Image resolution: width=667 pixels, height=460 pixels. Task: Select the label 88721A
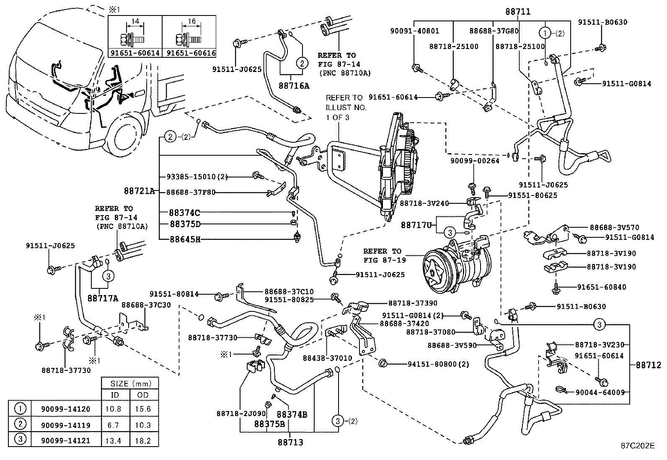point(140,191)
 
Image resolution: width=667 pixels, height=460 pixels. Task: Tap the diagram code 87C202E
point(637,446)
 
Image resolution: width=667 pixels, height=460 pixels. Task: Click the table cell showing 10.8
point(114,409)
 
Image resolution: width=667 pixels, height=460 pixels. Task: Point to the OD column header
point(143,395)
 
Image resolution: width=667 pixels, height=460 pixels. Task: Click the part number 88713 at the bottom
point(290,442)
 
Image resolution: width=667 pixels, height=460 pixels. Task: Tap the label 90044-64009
point(600,392)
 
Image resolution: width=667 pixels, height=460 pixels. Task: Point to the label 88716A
point(294,86)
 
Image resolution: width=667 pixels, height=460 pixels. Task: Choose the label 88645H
point(185,239)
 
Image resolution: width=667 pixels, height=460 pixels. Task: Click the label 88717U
point(416,225)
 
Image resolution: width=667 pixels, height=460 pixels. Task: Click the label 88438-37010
point(327,358)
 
